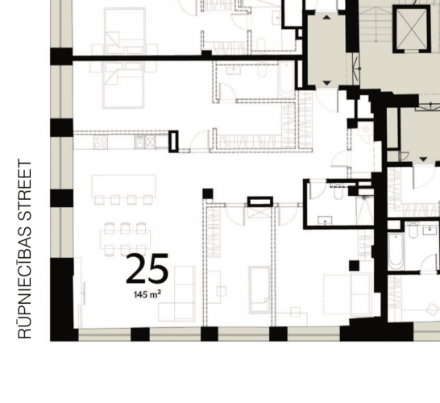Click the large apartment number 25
(x=147, y=268)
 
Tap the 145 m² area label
(x=147, y=294)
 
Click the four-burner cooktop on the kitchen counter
(x=101, y=141)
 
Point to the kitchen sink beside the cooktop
(x=139, y=141)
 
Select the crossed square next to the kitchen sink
(x=150, y=141)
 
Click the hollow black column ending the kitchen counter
(x=173, y=141)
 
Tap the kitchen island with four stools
(x=123, y=186)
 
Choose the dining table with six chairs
(x=125, y=239)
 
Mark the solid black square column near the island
(x=208, y=193)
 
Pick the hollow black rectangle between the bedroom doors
(x=260, y=201)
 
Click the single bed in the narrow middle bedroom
(x=259, y=290)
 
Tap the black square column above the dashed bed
(x=354, y=265)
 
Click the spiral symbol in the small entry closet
(x=365, y=130)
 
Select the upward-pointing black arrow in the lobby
(x=326, y=18)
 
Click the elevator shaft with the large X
(x=412, y=29)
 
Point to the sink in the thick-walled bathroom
(x=325, y=220)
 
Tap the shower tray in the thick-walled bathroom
(x=365, y=210)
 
